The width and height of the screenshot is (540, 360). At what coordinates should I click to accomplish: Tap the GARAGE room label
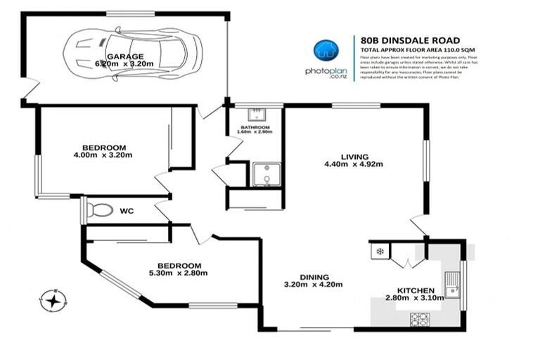124,56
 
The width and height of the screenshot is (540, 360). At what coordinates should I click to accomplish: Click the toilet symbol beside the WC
101,210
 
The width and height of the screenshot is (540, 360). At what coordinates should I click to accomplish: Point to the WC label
127,210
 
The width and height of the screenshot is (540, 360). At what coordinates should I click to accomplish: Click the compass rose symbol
53,300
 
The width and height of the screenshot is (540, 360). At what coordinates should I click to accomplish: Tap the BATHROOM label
255,127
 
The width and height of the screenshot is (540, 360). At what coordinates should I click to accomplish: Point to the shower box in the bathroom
266,175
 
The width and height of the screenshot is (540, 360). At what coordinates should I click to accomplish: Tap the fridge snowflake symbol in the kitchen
380,251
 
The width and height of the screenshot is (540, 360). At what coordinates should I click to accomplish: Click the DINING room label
304,276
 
